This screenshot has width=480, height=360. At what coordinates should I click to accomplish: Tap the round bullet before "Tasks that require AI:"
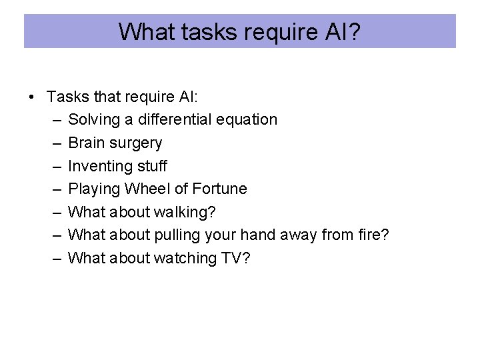(32, 97)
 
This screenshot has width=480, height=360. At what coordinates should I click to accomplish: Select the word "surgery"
(137, 143)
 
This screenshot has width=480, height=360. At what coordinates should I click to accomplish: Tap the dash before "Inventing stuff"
(54, 166)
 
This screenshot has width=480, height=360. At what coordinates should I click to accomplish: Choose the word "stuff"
(153, 166)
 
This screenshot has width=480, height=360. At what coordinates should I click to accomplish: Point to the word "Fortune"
(219, 189)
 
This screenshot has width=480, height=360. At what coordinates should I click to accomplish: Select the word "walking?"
(185, 212)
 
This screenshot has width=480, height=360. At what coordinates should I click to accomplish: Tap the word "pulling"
(176, 235)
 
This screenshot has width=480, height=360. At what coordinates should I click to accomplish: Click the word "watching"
(183, 258)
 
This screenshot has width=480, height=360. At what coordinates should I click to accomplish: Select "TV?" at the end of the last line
(236, 258)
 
